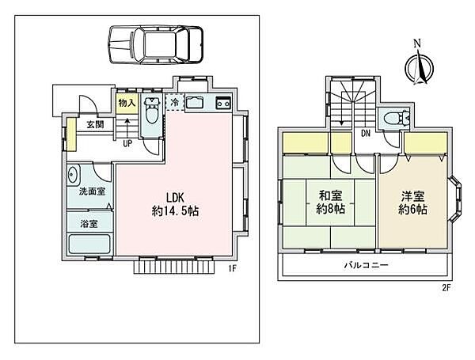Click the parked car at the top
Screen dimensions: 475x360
(155, 45)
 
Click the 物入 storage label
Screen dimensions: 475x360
(127, 103)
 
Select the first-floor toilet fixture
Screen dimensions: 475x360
(151, 110)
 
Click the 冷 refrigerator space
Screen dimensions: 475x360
(175, 102)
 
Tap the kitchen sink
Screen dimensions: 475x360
(195, 103)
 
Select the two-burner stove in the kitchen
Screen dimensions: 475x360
(223, 104)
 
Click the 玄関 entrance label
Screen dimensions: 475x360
(95, 124)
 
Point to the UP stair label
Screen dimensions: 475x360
(127, 143)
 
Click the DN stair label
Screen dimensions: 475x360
(366, 133)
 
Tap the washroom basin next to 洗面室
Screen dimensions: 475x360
(72, 175)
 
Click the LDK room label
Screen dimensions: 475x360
(175, 198)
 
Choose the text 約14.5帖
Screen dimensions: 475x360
(175, 210)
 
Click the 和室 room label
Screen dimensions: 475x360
(331, 196)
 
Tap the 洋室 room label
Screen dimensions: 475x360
(413, 196)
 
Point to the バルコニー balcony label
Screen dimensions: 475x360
(366, 266)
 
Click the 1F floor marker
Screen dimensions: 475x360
(232, 268)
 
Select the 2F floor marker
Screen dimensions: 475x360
(446, 288)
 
